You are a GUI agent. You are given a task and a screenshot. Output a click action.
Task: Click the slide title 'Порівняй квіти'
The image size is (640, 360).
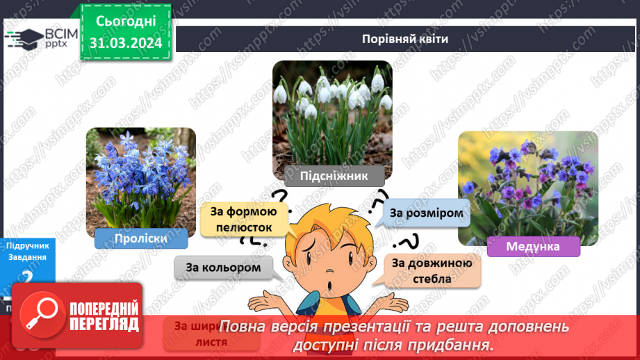click(x=404, y=39)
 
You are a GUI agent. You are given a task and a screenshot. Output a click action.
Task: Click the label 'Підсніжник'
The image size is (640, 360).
click(x=334, y=176)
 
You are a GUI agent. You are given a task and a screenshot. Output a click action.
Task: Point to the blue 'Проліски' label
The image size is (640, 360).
click(x=140, y=238)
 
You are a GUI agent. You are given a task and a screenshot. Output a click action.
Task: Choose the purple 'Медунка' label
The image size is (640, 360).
click(x=533, y=246)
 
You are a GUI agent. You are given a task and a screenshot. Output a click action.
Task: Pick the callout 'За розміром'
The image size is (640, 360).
click(x=425, y=213)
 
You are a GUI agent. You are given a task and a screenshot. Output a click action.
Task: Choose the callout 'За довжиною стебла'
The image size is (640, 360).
click(x=432, y=270)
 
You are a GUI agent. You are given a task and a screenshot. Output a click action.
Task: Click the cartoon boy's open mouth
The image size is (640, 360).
click(x=329, y=287)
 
